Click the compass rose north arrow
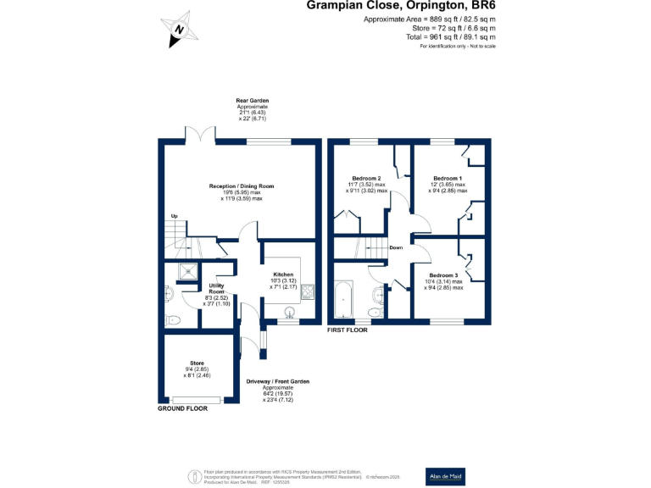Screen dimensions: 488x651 tap(179, 29)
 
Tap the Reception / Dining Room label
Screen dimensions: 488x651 tap(242, 186)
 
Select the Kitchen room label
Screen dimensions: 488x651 tap(283, 275)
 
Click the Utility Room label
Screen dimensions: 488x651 tap(216, 289)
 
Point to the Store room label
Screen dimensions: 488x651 tap(197, 363)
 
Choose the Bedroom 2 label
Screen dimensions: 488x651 tap(367, 179)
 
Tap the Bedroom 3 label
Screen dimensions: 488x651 tap(443, 276)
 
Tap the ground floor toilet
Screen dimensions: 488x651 tap(173, 319)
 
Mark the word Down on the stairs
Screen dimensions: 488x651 tap(396, 248)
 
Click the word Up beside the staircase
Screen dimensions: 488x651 tap(175, 216)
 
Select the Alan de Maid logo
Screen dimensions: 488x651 tap(445, 477)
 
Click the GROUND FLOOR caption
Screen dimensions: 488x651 tap(183, 408)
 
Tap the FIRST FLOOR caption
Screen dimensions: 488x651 tap(348, 330)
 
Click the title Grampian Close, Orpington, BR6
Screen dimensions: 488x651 tap(402, 6)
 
